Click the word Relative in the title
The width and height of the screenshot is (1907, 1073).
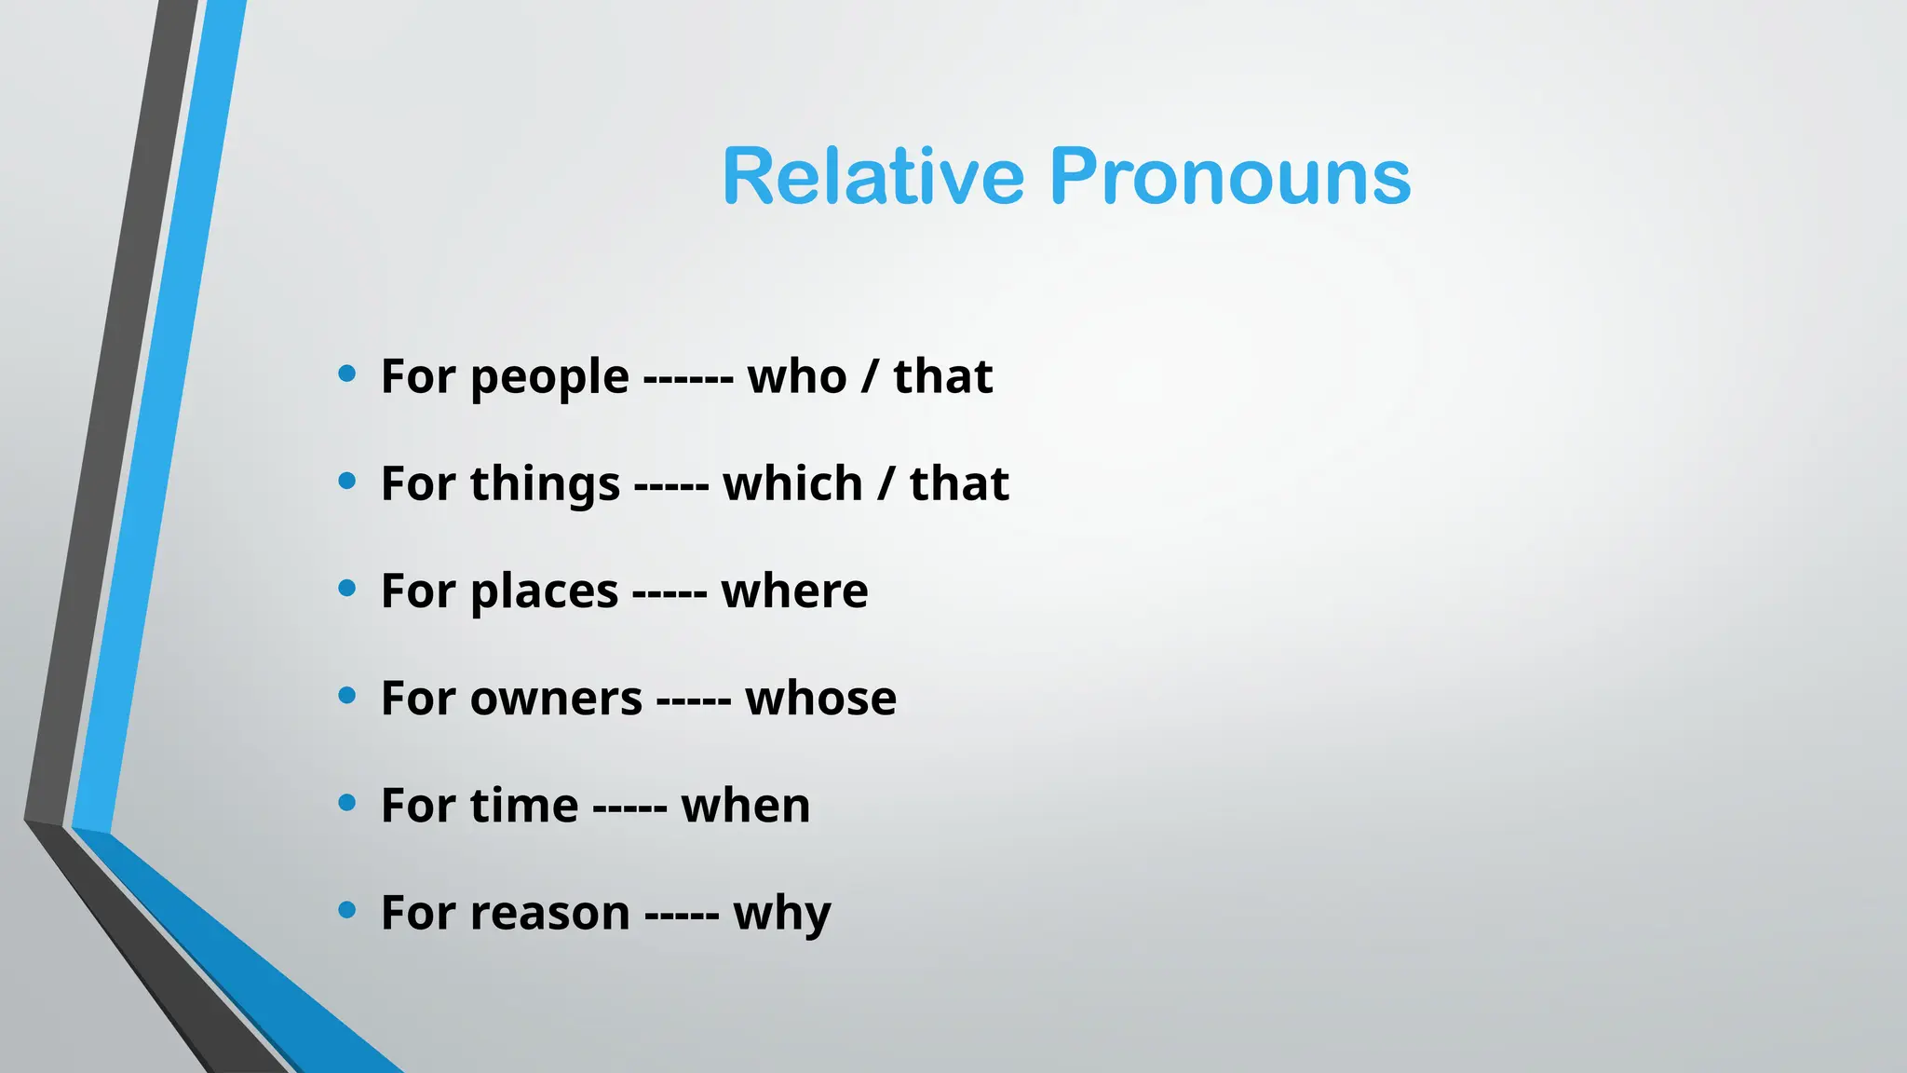pos(872,177)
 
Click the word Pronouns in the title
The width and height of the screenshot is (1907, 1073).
pos(1230,177)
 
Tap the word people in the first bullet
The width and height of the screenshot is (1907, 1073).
pos(549,378)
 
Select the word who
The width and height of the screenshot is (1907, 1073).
pos(797,376)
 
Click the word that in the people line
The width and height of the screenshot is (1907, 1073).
pos(942,376)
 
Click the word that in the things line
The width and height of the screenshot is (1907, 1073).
pos(959,483)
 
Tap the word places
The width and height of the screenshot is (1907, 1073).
pos(544,592)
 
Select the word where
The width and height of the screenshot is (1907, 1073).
pos(794,591)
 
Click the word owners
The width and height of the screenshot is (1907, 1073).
pos(556,699)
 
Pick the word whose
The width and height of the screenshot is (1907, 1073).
pos(820,699)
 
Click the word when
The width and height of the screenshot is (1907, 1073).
pos(745,806)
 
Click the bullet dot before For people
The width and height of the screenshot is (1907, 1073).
pos(347,374)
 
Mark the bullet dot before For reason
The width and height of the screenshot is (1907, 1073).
pos(347,910)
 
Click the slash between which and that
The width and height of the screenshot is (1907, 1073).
pos(886,484)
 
